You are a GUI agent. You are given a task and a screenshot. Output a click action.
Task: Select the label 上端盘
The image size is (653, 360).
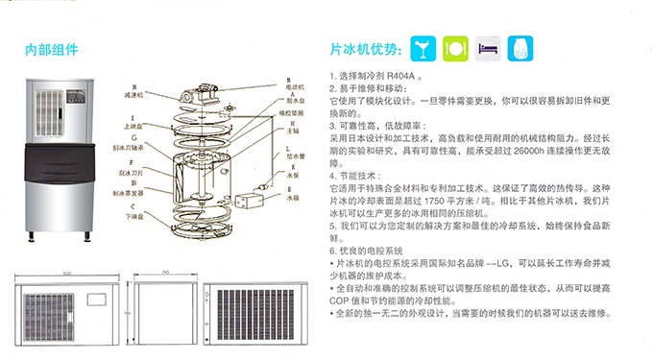click(133, 125)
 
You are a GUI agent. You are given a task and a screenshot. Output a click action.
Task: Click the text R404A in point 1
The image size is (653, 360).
click(401, 74)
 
